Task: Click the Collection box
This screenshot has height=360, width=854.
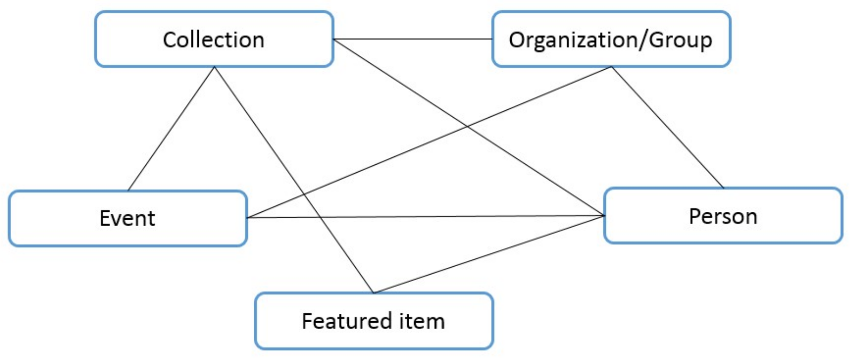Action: tap(214, 40)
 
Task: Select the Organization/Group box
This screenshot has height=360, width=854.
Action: tap(611, 40)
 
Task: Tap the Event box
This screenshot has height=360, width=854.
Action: tap(128, 218)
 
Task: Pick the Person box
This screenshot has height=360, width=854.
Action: tap(723, 216)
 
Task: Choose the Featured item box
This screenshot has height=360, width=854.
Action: tap(374, 321)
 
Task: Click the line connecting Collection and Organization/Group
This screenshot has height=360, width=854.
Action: tap(413, 39)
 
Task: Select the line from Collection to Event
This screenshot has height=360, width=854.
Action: tap(171, 129)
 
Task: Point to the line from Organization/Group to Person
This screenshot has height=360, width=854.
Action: tap(667, 127)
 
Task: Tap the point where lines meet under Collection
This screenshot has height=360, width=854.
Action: tap(215, 67)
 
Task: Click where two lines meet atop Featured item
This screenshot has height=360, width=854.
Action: tap(373, 293)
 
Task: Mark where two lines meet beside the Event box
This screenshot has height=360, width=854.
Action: tap(248, 218)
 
